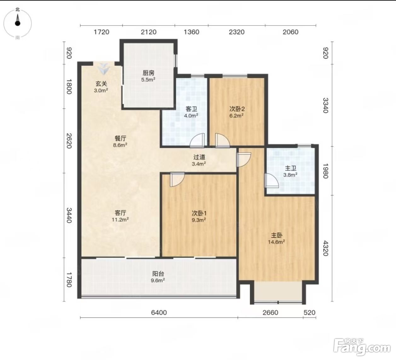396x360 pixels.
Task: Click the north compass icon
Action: click(18, 23)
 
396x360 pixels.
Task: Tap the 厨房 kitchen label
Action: click(148, 73)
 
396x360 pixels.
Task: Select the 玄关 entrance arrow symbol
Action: click(104, 69)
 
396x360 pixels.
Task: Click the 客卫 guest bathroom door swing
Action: click(197, 141)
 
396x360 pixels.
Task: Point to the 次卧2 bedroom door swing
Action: click(223, 141)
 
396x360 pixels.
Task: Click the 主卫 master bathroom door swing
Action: click(272, 180)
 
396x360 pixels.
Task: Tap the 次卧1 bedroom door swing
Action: click(177, 179)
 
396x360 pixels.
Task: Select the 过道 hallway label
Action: click(199, 157)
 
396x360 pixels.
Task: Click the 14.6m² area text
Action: click(277, 242)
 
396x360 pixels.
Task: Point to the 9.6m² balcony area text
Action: click(158, 280)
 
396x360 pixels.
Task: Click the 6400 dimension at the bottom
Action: click(159, 313)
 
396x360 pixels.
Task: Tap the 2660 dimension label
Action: click(270, 313)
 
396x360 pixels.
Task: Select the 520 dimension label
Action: click(309, 313)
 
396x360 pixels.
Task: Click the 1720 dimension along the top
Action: click(101, 32)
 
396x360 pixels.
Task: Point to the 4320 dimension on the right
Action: click(325, 248)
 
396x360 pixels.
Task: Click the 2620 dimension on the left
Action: click(69, 141)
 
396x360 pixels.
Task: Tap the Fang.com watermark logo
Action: click(362, 347)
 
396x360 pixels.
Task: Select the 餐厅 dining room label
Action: click(120, 138)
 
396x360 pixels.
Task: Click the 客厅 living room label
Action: click(120, 213)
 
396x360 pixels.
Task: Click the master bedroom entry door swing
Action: click(244, 160)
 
